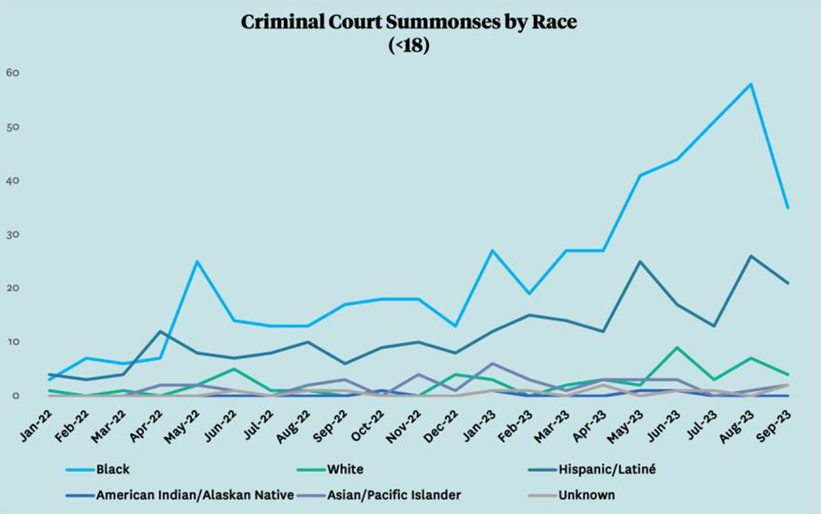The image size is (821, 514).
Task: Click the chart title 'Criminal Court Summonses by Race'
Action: click(x=409, y=22)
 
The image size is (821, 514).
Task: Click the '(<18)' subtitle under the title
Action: click(x=409, y=45)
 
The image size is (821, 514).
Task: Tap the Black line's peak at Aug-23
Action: click(x=751, y=84)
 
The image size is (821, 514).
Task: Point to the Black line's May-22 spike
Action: click(x=197, y=261)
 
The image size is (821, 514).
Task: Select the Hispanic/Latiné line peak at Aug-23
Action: click(x=751, y=256)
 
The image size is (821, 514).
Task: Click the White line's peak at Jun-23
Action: click(x=677, y=348)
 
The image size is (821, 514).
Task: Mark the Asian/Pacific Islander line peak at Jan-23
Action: click(x=492, y=363)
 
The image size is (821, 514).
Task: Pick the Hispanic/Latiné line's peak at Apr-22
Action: click(x=160, y=331)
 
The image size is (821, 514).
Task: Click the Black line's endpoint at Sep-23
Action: click(x=787, y=208)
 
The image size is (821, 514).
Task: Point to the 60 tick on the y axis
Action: click(x=13, y=73)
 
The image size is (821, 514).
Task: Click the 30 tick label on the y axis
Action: click(x=13, y=234)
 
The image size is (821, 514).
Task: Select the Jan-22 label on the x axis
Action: click(x=37, y=426)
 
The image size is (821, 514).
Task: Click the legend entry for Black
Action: click(x=113, y=470)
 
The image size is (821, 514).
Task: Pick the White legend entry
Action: click(x=345, y=470)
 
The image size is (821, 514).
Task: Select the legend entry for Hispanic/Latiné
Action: click(x=607, y=470)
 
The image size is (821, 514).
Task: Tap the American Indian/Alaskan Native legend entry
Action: click(x=195, y=495)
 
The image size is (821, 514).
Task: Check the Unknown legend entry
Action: click(x=586, y=495)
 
